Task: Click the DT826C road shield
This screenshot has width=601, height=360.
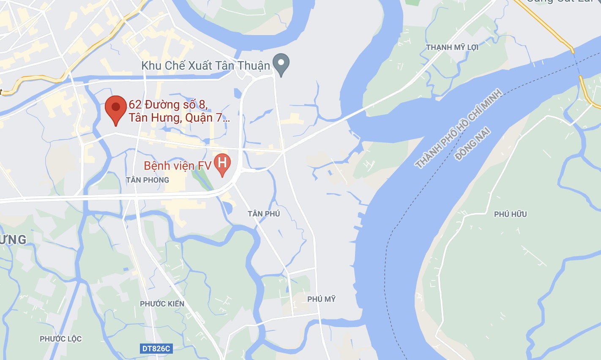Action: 156,349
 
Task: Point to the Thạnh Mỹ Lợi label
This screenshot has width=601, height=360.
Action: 452,47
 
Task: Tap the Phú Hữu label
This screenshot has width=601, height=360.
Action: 510,214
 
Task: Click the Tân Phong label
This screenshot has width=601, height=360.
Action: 147,180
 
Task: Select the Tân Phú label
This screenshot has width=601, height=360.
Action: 264,214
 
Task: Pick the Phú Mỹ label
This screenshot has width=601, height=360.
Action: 321,299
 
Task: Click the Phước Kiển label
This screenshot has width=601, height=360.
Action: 162,304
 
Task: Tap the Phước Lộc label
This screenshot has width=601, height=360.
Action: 60,339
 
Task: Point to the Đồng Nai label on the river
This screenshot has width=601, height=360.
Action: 472,144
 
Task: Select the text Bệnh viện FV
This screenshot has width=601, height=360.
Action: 177,166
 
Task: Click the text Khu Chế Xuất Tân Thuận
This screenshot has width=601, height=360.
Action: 205,65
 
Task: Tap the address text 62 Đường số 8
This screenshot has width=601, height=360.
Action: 168,104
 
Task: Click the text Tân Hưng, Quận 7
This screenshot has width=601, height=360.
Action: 179,117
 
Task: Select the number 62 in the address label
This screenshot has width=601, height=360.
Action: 135,104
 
